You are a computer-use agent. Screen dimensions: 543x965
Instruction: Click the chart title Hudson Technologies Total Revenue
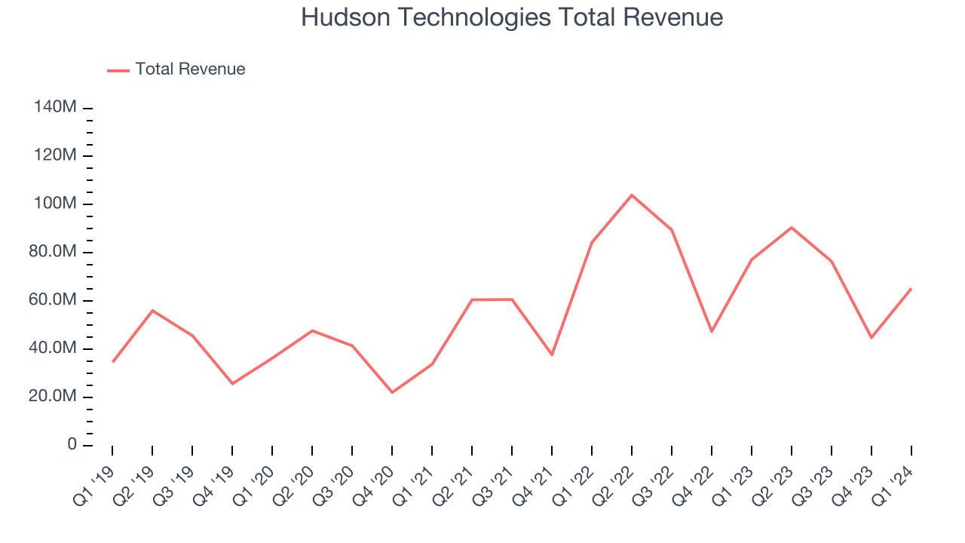tap(512, 17)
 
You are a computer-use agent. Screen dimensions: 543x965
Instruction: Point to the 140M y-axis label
tap(55, 108)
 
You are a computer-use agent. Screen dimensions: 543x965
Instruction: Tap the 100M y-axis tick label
tap(55, 204)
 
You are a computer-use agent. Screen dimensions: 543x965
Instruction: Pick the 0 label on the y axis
tap(72, 445)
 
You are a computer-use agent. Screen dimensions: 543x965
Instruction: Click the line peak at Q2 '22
tap(632, 195)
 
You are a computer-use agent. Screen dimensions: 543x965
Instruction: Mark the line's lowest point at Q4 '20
tap(392, 392)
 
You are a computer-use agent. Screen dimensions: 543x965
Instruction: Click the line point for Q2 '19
tap(152, 311)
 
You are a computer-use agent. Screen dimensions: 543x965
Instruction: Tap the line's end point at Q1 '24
tap(911, 289)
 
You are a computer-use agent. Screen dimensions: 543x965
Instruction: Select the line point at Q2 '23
tap(792, 227)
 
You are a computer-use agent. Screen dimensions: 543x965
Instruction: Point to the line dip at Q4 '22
tap(712, 331)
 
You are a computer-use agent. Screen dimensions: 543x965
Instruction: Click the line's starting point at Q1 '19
tap(113, 361)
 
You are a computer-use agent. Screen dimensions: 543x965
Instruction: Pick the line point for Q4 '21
tap(552, 354)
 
